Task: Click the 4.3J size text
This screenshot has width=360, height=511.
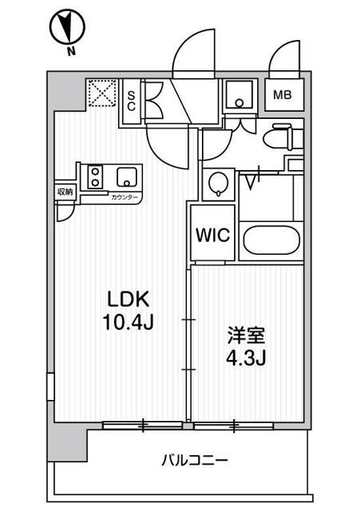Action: pyautogui.click(x=244, y=358)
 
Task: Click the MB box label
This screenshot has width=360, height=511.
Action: pyautogui.click(x=283, y=95)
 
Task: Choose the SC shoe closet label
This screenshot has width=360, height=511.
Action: pyautogui.click(x=132, y=99)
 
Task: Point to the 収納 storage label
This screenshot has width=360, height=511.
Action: pyautogui.click(x=65, y=192)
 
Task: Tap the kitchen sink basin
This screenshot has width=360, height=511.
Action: pyautogui.click(x=126, y=176)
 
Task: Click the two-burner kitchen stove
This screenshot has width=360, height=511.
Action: pyautogui.click(x=94, y=176)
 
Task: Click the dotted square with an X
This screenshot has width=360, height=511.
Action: pyautogui.click(x=101, y=94)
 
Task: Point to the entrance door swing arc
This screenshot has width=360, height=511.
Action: pyautogui.click(x=194, y=52)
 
